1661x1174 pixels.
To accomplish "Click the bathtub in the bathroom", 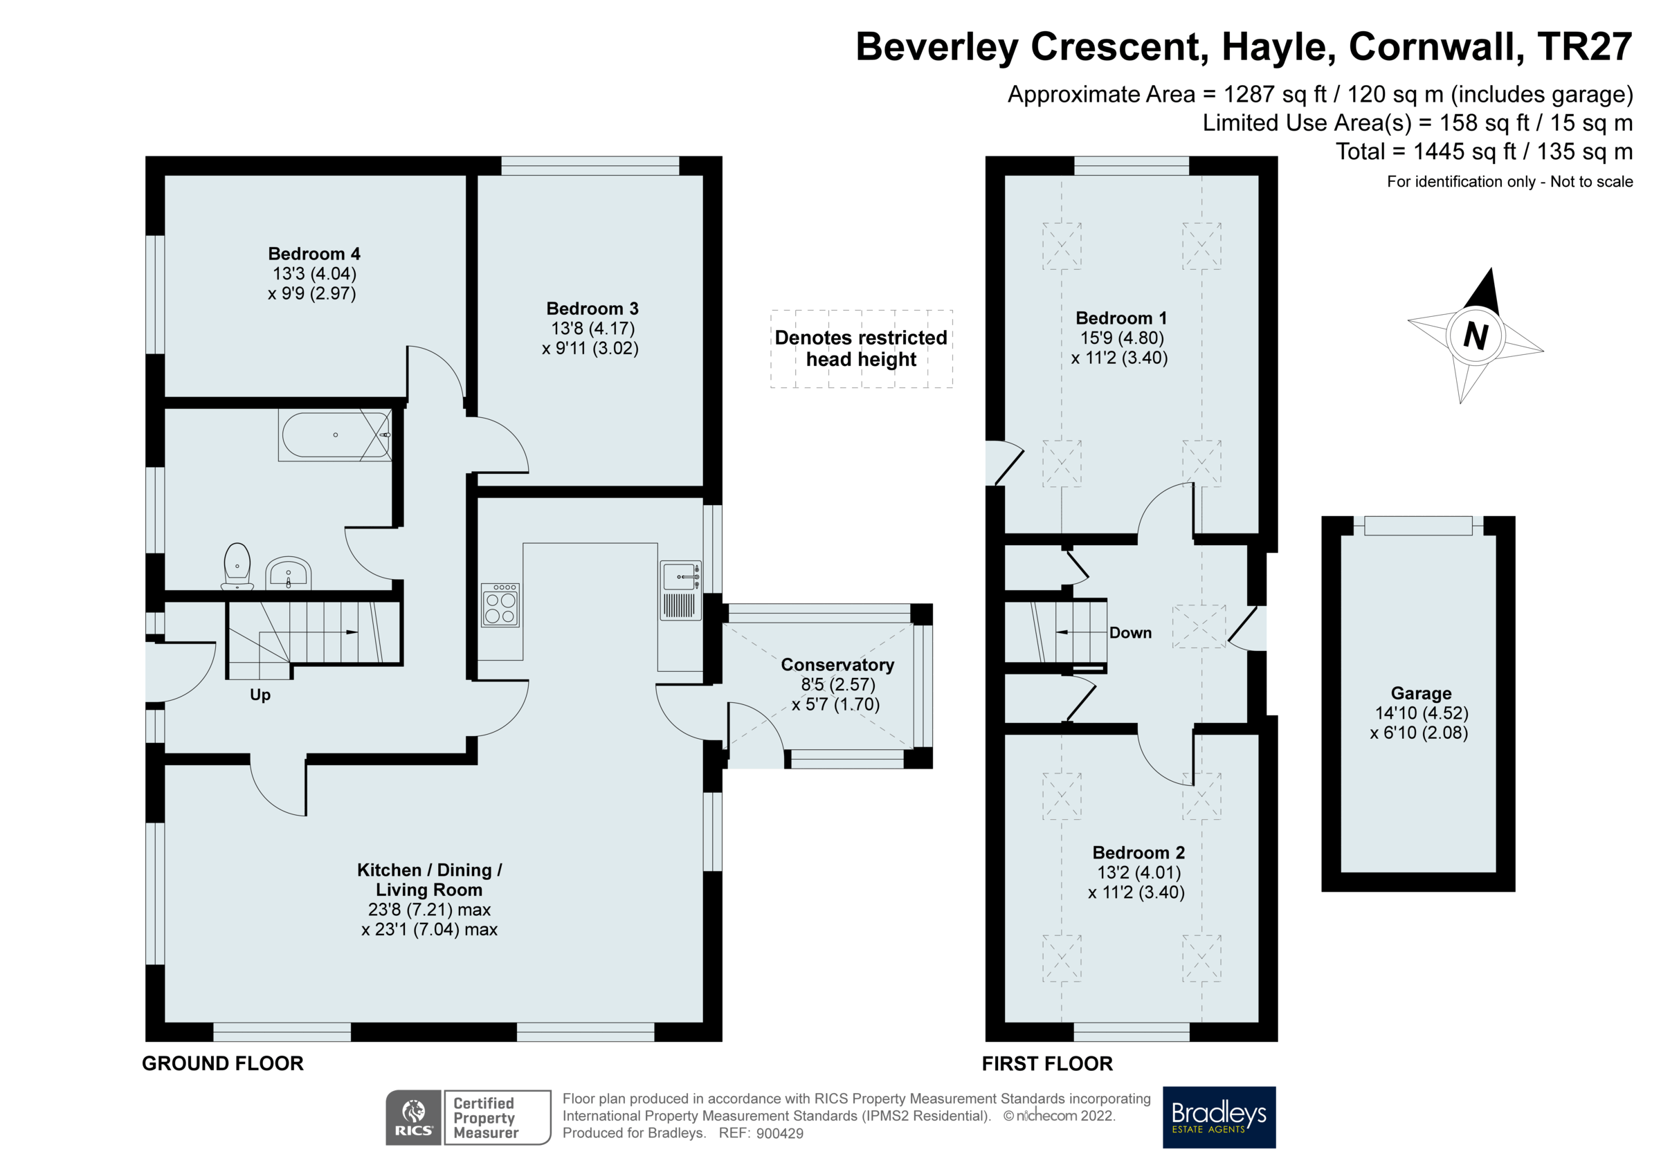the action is coord(335,434).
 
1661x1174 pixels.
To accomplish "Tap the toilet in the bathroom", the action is coord(237,566).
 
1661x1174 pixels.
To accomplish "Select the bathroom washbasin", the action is coord(288,573).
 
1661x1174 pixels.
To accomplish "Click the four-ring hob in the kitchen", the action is coord(500,604).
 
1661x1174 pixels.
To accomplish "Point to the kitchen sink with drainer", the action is coord(680,590).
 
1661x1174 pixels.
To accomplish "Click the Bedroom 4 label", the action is coord(314,254).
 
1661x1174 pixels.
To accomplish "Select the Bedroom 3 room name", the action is coord(592,309).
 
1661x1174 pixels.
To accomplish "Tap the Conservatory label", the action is coord(837,665).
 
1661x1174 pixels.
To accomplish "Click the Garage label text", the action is coord(1421,693).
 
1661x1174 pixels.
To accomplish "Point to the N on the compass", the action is coord(1475,336).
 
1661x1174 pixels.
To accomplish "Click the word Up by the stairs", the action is coord(260,695).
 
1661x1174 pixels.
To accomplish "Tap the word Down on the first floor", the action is coord(1130,633).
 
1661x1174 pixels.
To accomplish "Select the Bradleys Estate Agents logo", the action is coord(1219,1117).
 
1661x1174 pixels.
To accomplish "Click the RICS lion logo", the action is coord(413,1117).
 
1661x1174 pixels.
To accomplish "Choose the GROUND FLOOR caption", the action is coord(223,1063).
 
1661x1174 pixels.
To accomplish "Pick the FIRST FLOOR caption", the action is coord(1047,1063).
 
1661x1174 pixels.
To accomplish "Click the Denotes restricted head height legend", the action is coord(861,349).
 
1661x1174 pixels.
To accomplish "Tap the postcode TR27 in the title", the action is coord(1584,46).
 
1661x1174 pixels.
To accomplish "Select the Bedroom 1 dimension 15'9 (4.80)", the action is coord(1122,338).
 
